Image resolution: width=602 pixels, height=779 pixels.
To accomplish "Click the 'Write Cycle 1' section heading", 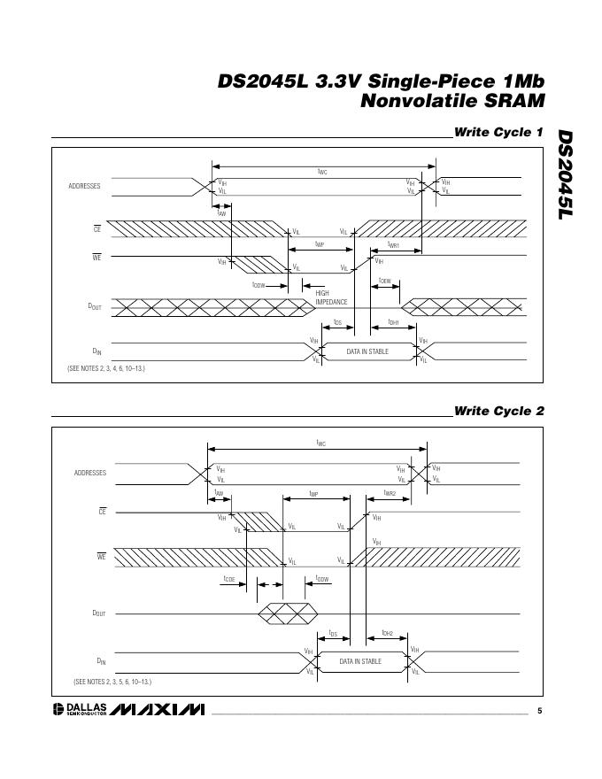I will coord(498,132).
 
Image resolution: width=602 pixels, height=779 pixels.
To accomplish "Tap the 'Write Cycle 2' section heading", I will coord(498,411).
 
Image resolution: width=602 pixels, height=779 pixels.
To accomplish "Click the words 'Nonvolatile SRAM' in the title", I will coord(451,101).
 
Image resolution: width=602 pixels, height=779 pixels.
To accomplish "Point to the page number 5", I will coord(539,711).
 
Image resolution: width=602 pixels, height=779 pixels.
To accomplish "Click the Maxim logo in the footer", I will coord(158,710).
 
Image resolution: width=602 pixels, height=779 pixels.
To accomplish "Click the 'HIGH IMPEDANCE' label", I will coord(331,297).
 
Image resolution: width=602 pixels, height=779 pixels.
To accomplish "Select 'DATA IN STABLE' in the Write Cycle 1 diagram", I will coord(367,351).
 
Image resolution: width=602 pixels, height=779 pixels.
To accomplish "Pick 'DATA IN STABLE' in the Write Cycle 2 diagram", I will coord(360,661).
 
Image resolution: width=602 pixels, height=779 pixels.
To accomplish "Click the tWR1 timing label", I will coord(394,245).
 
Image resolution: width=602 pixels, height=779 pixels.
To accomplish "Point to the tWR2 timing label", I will coord(390,493).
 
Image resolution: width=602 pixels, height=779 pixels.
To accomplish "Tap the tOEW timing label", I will coord(385,281).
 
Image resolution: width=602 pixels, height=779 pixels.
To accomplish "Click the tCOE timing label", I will coord(229,579).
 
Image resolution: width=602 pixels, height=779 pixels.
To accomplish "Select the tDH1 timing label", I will coord(394,323).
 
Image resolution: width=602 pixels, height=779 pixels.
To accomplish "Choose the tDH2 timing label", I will coord(388,633).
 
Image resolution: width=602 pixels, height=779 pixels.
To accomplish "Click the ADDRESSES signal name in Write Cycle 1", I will coord(84,187).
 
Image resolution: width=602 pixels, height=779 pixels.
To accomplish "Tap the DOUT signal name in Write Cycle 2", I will coord(98,613).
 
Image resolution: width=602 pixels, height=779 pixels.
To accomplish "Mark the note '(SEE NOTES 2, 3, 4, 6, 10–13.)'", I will coord(106,367).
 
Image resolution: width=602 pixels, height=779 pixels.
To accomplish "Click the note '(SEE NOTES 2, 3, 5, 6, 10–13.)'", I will coord(112,682).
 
